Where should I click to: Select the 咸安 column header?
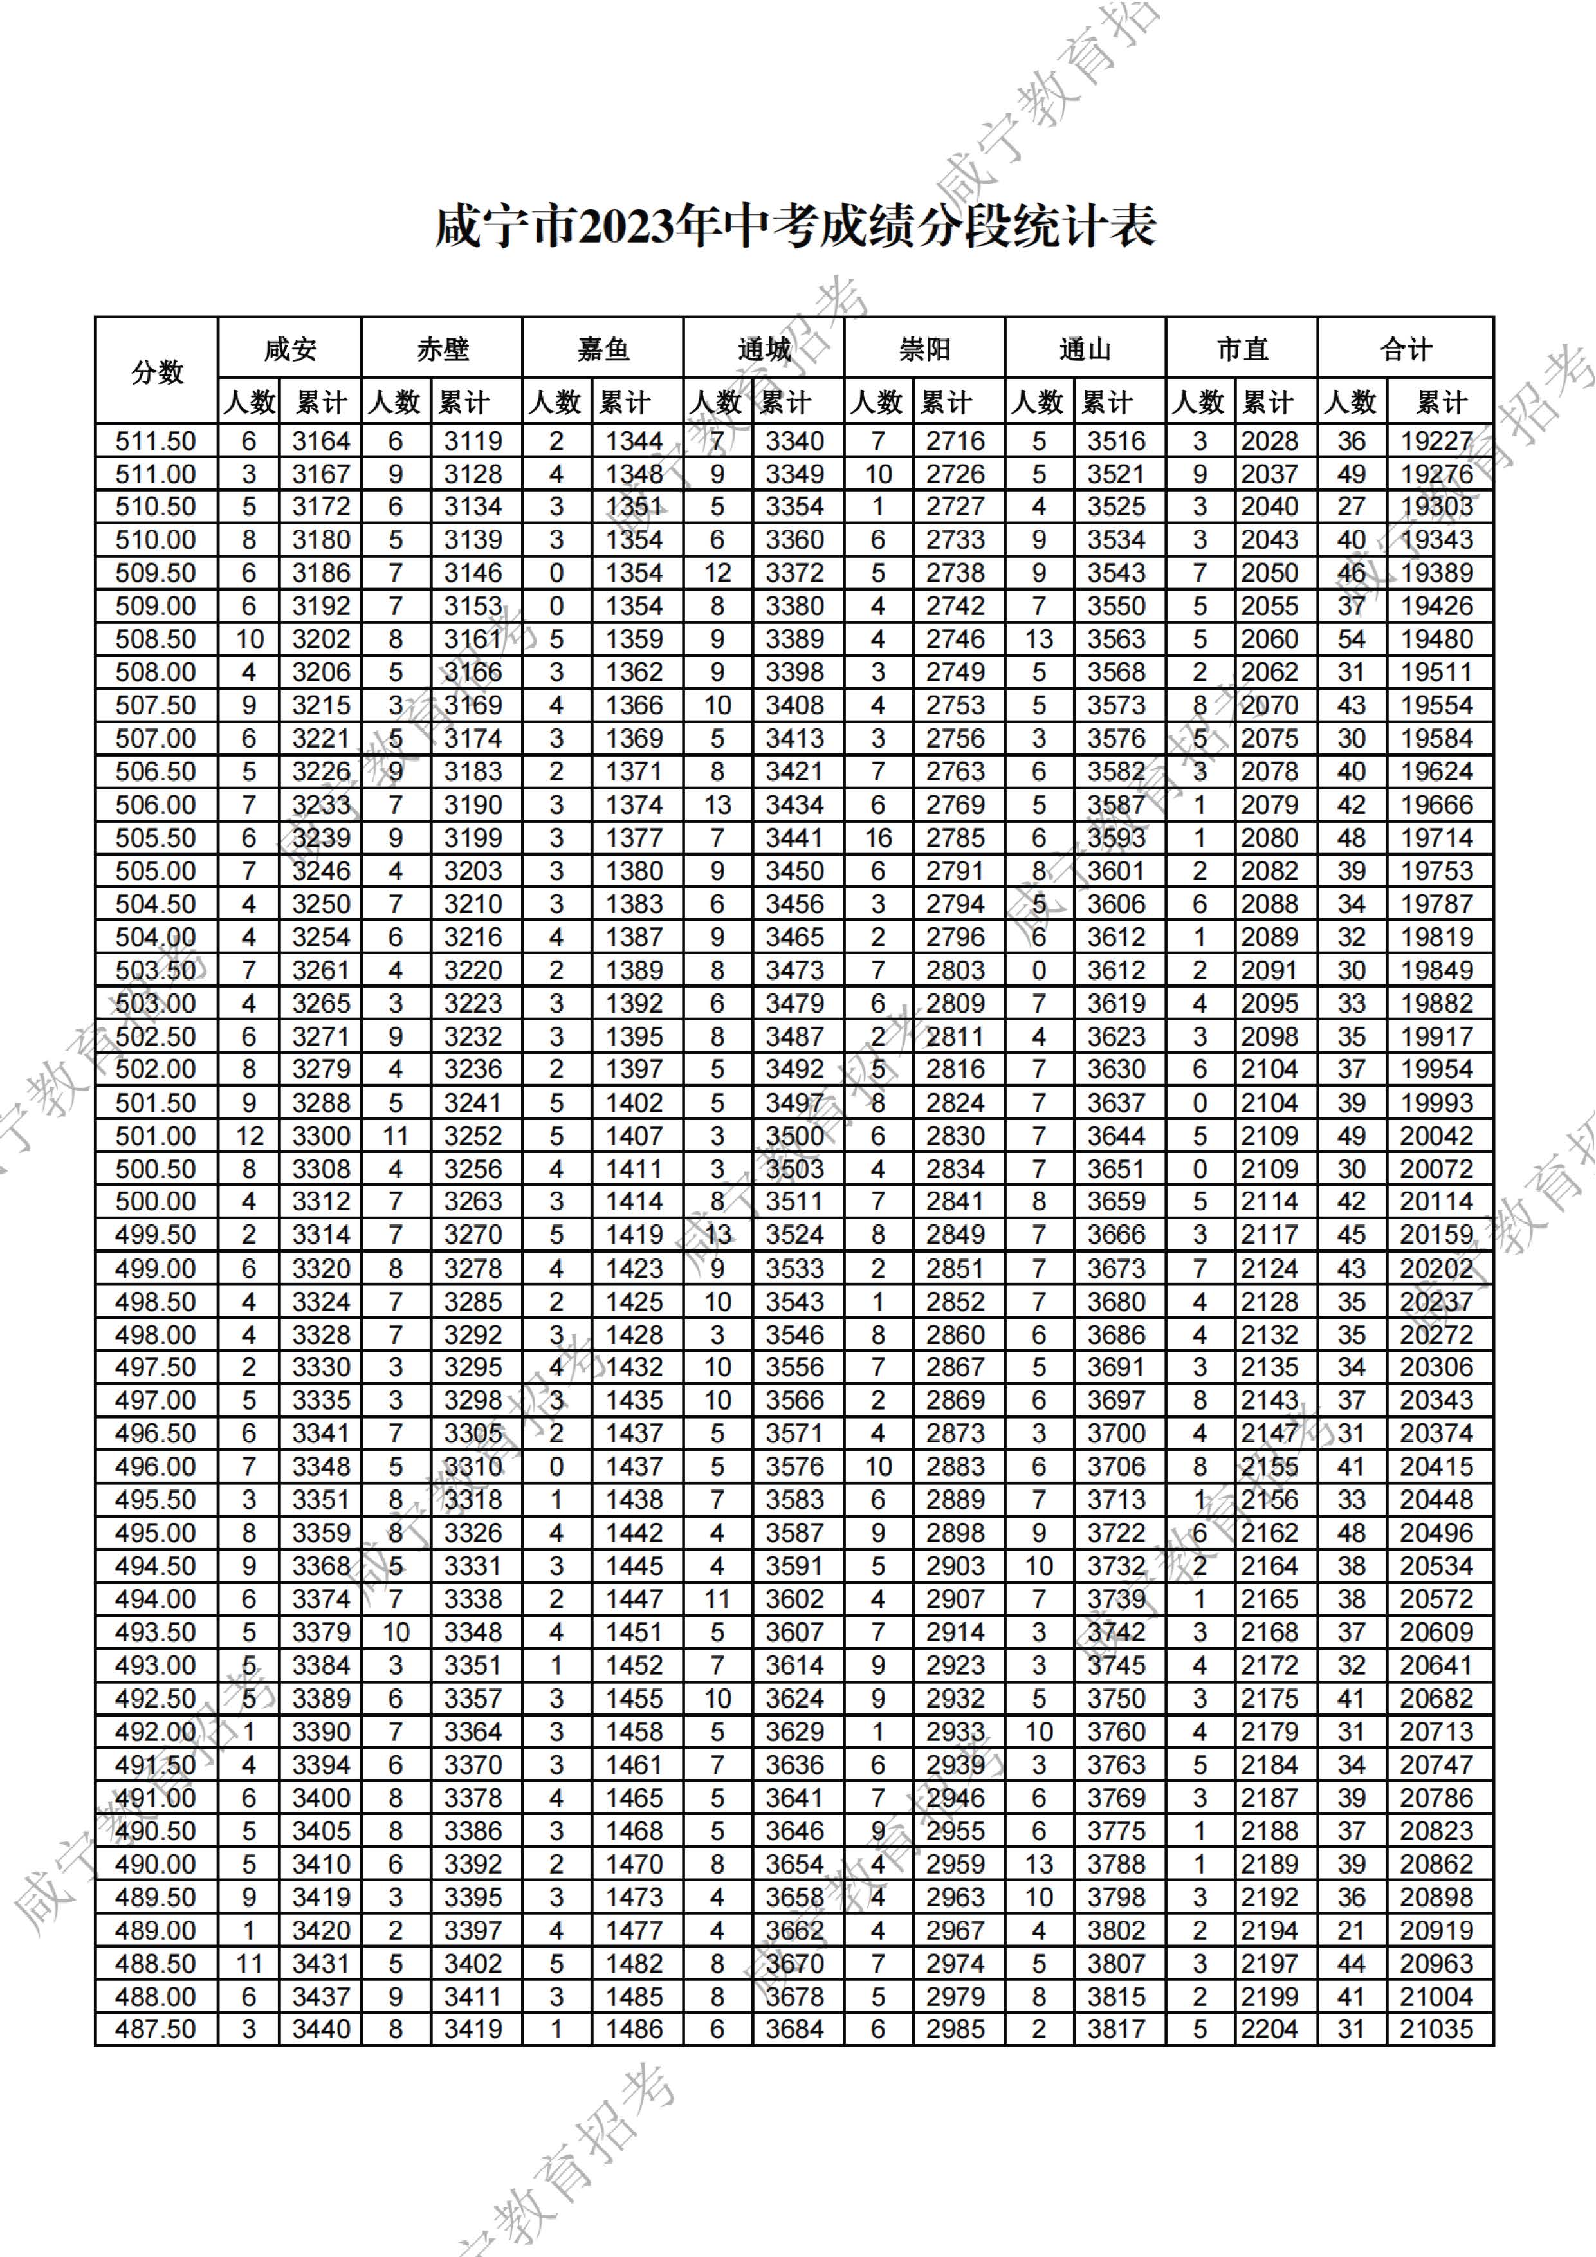290,349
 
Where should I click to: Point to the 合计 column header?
1406,349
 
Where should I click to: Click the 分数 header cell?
157,372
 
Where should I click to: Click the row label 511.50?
155,441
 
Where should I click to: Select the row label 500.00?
155,1201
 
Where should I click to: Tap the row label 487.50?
155,2029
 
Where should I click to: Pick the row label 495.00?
155,1533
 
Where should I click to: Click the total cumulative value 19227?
1437,441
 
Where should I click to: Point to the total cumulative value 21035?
1437,2029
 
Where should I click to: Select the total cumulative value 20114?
1437,1201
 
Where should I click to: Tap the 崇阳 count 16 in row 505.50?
877,838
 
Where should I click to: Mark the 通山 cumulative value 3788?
1116,1864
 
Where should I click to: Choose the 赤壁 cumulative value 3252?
473,1136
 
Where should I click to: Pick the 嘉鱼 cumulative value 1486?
634,2029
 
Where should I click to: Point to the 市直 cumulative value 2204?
1270,2029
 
